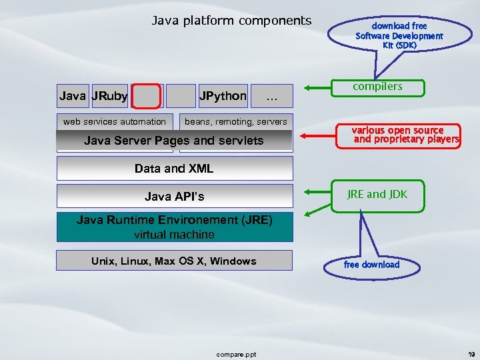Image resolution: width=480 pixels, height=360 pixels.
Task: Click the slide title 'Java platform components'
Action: point(231,21)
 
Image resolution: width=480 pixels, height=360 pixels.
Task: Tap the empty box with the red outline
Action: point(147,97)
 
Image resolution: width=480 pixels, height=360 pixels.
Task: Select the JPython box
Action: point(223,96)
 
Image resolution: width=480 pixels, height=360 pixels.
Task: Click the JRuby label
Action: point(110,96)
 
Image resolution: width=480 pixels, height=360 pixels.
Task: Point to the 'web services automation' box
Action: point(115,121)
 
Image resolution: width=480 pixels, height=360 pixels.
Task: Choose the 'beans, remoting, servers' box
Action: point(236,121)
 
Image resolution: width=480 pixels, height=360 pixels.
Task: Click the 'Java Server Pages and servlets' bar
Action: point(174,141)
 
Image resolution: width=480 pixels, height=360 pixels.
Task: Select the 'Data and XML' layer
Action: point(174,169)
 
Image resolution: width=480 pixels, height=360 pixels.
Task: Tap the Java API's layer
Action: point(174,197)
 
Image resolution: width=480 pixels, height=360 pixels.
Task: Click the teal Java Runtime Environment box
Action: point(174,227)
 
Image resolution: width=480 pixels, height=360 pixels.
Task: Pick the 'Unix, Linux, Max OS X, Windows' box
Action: point(174,261)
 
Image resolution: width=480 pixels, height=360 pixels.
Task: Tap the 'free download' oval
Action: point(372,265)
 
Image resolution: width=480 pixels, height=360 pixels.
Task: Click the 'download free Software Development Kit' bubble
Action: point(399,35)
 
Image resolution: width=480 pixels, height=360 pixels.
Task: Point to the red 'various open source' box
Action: point(406,135)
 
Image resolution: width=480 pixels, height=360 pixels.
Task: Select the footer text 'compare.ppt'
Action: point(236,354)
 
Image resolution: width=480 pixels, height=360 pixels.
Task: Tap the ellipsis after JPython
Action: point(271,97)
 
